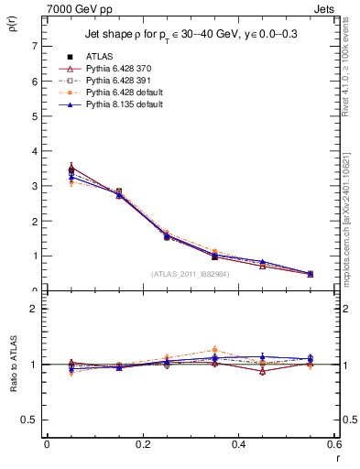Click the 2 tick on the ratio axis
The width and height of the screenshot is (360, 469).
34,309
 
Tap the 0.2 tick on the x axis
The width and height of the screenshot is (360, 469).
142,444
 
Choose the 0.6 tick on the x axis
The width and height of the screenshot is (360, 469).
334,444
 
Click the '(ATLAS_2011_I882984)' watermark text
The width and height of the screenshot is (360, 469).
189,273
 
